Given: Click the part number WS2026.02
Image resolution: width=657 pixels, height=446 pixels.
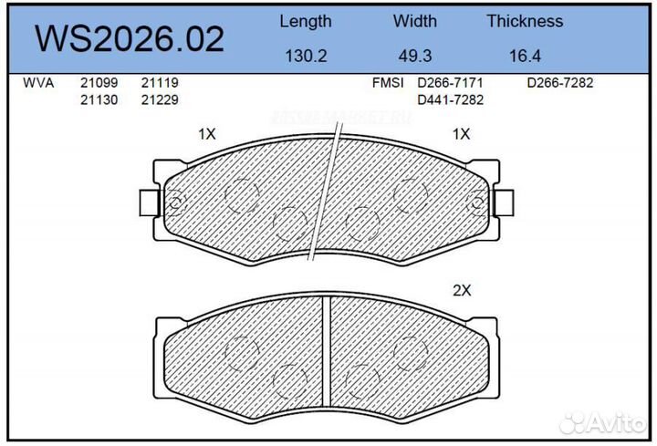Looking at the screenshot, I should coord(129,39).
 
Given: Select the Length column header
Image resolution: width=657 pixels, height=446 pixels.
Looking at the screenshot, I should coord(305,21).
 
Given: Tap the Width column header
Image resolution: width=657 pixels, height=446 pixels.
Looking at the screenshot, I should coord(415,21).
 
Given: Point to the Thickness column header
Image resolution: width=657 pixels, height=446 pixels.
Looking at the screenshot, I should coord(525,21).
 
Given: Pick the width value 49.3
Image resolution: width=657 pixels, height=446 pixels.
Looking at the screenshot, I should coord(415,56).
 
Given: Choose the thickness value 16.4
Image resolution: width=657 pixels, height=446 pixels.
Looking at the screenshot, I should coord(525,56).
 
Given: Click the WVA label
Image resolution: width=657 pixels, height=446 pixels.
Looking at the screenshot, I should coord(37,83).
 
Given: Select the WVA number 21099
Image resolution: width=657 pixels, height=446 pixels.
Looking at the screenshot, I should coord(99,83).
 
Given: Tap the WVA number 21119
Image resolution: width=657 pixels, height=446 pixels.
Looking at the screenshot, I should coord(159,83).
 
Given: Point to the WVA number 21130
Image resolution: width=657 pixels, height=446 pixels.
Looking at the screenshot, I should coord(99,99).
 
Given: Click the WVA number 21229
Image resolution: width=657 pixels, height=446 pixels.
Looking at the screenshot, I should coord(159,99).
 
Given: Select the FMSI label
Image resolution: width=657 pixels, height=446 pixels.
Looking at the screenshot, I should coord(388,83).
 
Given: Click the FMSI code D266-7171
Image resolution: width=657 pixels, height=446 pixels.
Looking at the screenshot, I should coord(450,83).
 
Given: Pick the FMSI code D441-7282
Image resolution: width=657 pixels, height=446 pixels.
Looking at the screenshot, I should coord(450,99).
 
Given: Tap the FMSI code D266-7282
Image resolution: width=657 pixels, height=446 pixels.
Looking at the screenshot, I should coord(560,83).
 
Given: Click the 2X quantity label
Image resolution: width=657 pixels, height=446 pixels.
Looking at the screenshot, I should coord(462,291).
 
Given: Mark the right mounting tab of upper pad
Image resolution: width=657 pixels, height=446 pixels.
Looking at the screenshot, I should coord(505,202).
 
